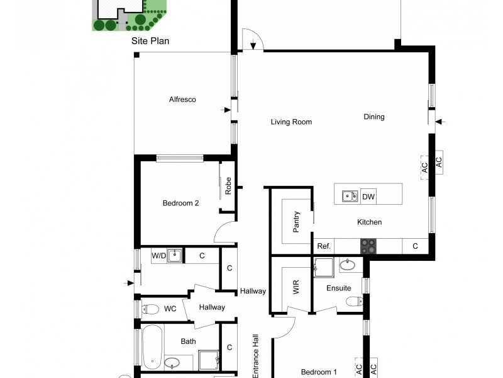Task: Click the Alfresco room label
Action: point(182,100)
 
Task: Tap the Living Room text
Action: point(291,122)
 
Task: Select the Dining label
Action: point(373,117)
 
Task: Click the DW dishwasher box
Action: point(368,197)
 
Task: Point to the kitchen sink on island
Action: point(350,197)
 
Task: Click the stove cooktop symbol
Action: point(368,246)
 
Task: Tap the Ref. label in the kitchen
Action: point(324,246)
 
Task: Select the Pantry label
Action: point(296,221)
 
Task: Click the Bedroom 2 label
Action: point(180,203)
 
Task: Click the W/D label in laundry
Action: point(159,256)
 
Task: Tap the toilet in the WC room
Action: point(150,309)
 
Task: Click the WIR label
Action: point(296,288)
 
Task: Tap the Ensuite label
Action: point(338,288)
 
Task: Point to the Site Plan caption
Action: point(150,41)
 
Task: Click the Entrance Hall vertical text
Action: point(255,357)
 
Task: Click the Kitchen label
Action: point(369,222)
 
